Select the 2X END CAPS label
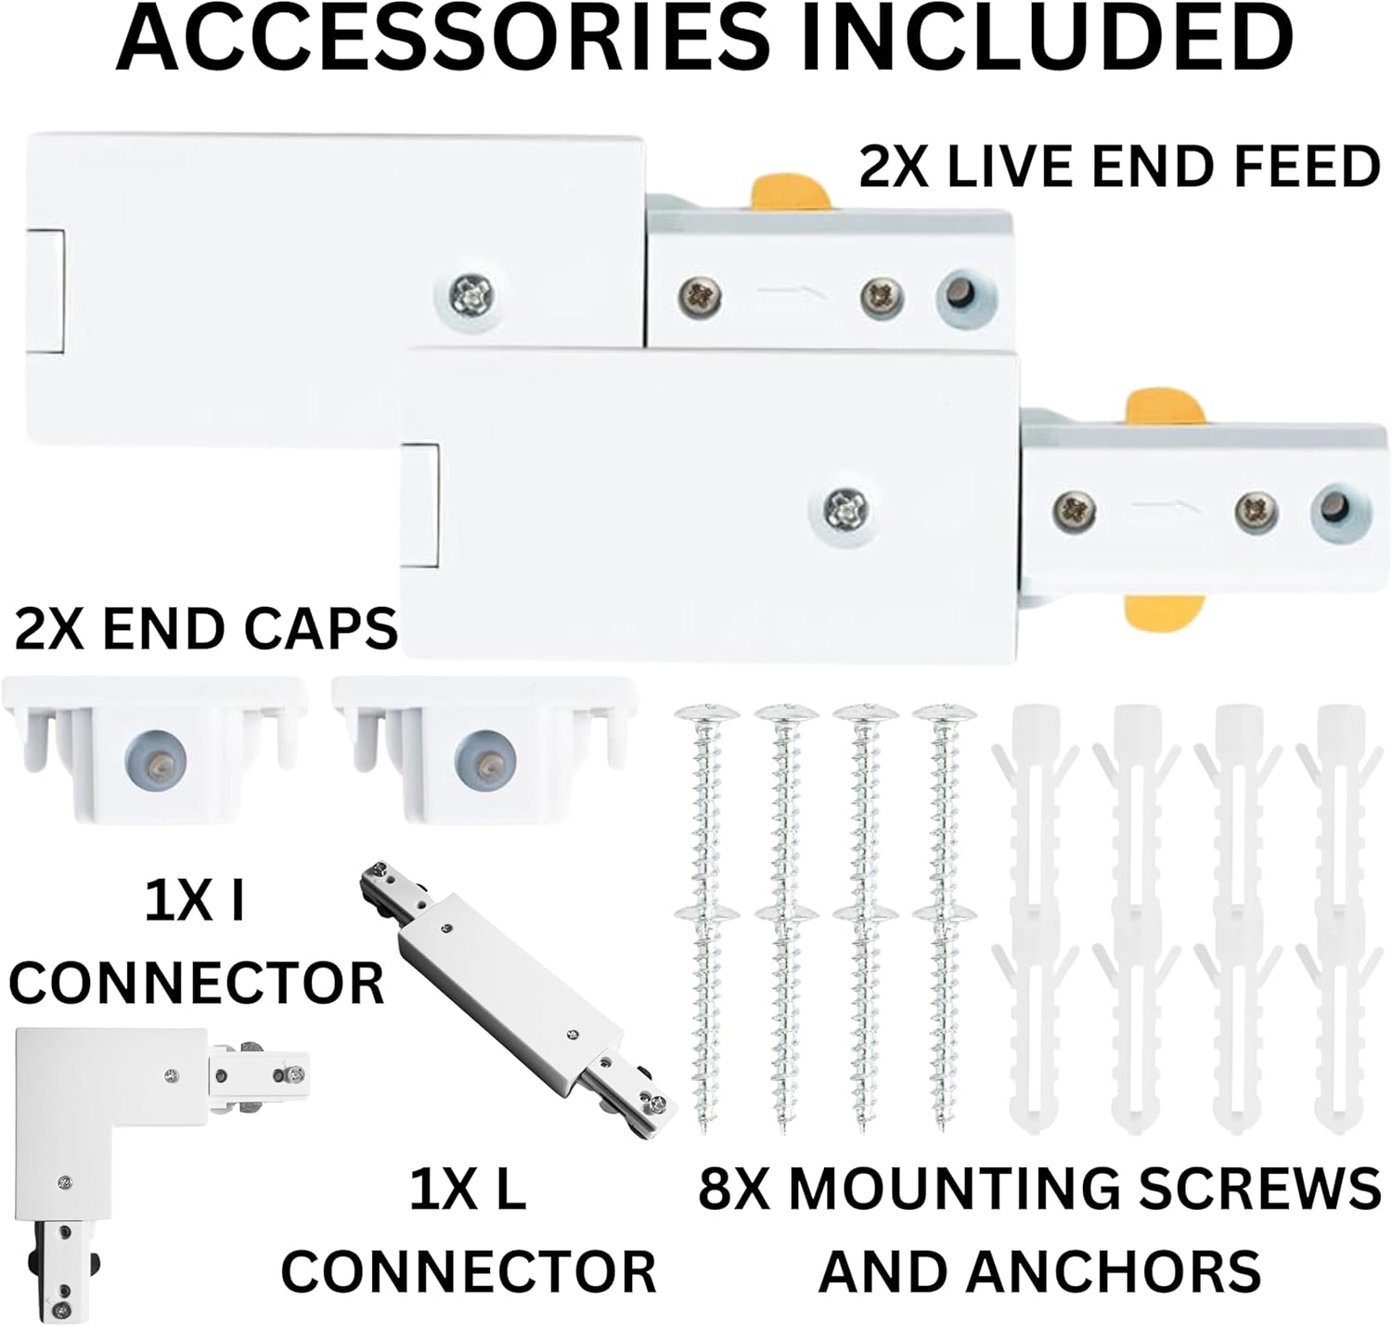point(206,630)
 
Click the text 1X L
point(468,1189)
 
